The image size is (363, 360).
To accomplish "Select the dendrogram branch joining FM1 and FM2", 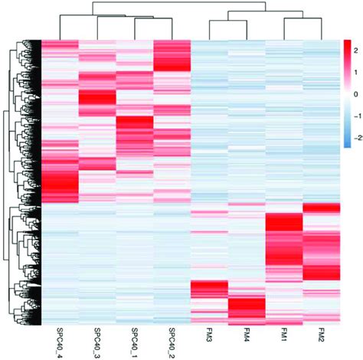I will (303, 21).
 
